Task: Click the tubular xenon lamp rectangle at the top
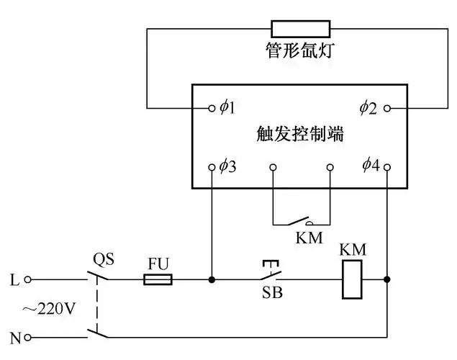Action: pos(300,29)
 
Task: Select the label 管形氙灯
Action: pos(300,51)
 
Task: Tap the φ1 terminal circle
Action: pos(212,108)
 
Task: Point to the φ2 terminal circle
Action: pos(388,108)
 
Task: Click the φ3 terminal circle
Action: pos(212,167)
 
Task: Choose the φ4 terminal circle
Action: pos(388,167)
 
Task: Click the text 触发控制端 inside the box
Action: pos(300,134)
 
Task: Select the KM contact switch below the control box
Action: pos(301,220)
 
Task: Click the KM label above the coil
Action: pos(353,250)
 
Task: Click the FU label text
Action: pos(158,263)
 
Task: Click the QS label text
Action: pos(104,258)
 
